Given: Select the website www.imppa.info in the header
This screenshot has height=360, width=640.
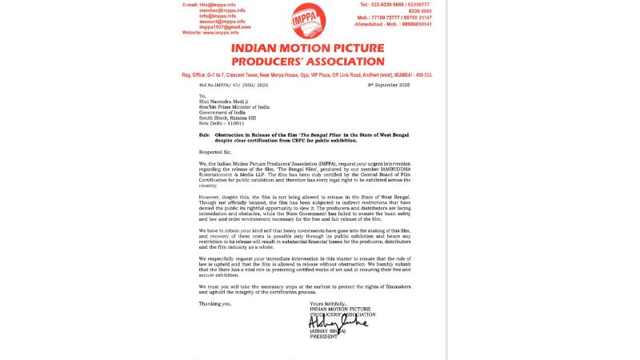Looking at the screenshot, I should (x=221, y=32).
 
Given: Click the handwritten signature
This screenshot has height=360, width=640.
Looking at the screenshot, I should (x=337, y=322).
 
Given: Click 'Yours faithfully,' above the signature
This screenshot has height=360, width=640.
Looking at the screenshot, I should (x=328, y=303).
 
